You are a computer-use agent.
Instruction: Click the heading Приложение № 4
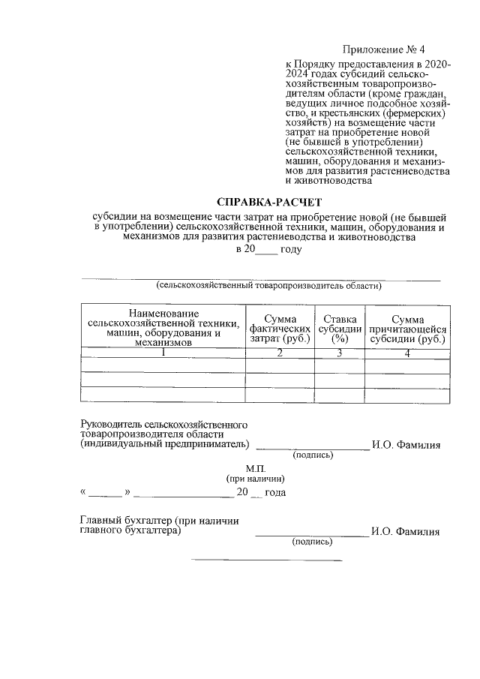378,50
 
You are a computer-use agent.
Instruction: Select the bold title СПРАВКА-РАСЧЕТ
268,202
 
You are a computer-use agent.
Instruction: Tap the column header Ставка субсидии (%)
339,328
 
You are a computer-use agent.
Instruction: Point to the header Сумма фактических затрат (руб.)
279,328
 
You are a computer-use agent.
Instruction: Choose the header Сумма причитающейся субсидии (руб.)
407,328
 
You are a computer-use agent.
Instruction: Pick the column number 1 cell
163,353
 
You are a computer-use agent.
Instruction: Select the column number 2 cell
279,353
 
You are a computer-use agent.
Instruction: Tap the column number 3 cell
339,353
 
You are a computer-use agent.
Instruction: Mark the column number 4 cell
407,353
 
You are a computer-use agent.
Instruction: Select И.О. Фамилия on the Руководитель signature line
406,445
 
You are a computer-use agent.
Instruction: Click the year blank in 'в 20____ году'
266,250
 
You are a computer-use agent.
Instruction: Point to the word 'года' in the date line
275,493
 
